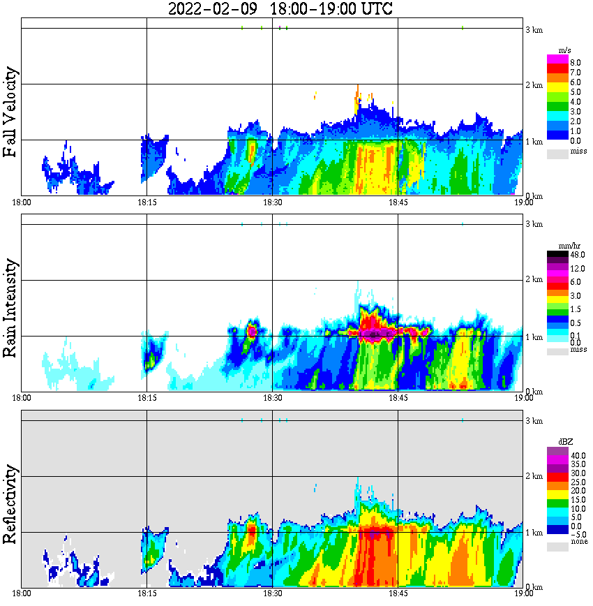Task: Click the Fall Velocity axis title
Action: tap(10, 112)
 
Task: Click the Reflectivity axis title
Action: tap(10, 504)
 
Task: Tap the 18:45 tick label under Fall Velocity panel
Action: tap(398, 202)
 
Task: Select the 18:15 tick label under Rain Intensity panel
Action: tap(147, 399)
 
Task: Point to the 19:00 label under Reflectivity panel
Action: tap(523, 594)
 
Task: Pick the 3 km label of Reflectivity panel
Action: tap(534, 422)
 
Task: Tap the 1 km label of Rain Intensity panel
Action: tap(534, 338)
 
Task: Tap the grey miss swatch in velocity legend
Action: tap(557, 152)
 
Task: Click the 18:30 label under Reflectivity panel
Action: tap(272, 594)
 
